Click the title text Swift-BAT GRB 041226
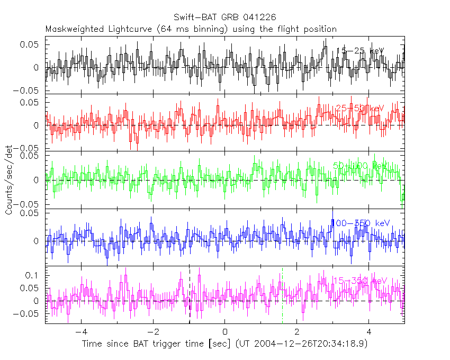pyautogui.click(x=224, y=17)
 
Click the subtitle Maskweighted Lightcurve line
pyautogui.click(x=191, y=29)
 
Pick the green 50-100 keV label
pyautogui.click(x=360, y=166)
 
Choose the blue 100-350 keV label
pyautogui.click(x=360, y=223)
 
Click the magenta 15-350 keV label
pyautogui.click(x=360, y=281)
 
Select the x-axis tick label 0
pyautogui.click(x=225, y=332)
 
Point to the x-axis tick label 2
pyautogui.click(x=297, y=332)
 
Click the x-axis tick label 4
pyautogui.click(x=369, y=332)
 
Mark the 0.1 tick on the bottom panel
pyautogui.click(x=33, y=275)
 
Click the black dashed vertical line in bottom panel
pyautogui.click(x=189, y=296)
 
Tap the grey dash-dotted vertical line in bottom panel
pyautogui.click(x=282, y=296)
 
